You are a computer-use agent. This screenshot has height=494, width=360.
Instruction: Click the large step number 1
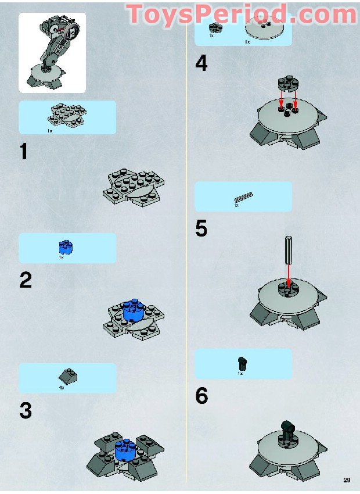click(x=23, y=152)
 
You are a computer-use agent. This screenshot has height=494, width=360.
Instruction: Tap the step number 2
click(x=25, y=281)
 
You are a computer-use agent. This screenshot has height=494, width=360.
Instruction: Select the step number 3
click(x=25, y=411)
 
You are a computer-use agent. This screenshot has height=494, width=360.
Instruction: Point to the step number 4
click(x=201, y=63)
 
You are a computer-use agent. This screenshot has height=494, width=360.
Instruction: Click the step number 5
click(x=201, y=228)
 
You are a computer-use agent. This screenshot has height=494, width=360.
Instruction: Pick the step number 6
click(x=201, y=396)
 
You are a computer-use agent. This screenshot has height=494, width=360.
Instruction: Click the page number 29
click(x=346, y=480)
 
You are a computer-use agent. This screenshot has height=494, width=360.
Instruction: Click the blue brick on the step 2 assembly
click(x=134, y=310)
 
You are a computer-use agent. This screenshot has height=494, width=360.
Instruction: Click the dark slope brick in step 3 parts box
click(x=69, y=377)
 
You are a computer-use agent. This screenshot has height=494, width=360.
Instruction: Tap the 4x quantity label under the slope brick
click(x=62, y=387)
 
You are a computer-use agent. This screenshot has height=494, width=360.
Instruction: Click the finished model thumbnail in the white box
click(x=52, y=53)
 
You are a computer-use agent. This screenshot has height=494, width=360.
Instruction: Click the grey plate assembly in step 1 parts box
click(x=67, y=114)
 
